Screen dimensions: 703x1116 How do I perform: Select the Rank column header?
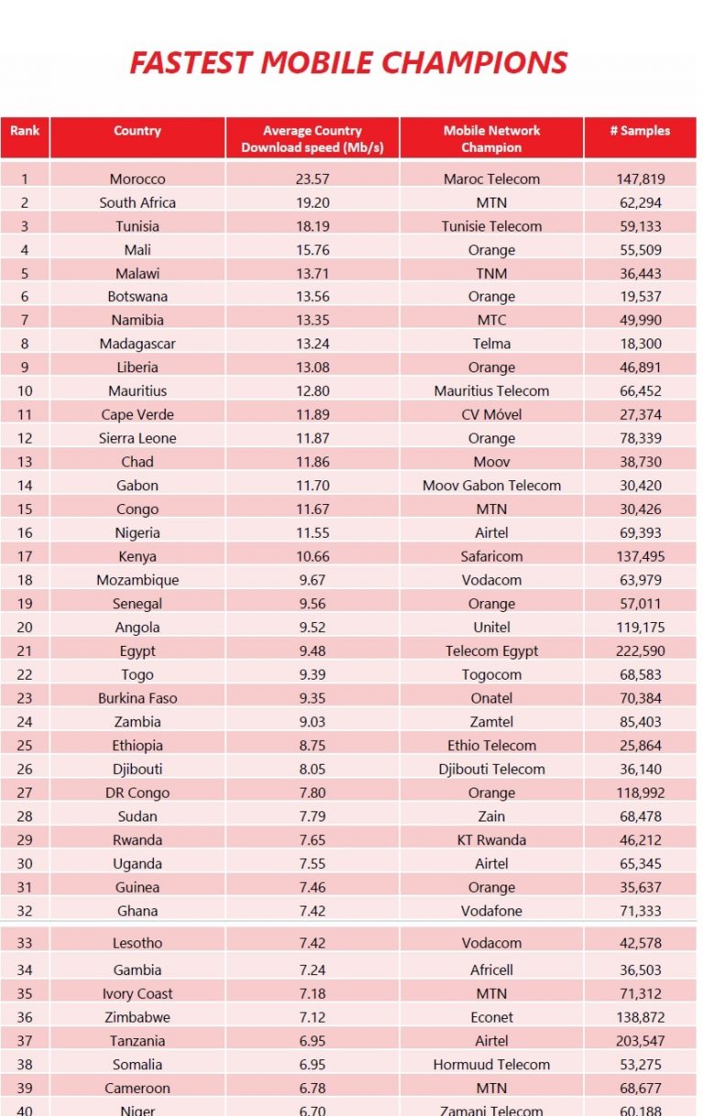[25, 131]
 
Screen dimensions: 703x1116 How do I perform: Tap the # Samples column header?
[640, 131]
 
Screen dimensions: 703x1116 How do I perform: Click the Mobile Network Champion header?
[492, 138]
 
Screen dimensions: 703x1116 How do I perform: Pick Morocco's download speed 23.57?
[313, 179]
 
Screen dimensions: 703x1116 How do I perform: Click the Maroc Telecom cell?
[492, 179]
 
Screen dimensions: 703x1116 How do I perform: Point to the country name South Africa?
[137, 203]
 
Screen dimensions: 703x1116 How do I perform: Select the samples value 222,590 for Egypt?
[640, 650]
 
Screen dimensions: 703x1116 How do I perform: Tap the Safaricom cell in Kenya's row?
[492, 556]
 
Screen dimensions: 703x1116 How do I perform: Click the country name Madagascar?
[137, 344]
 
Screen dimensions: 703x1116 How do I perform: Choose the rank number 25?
[25, 746]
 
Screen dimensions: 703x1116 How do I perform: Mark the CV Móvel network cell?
[492, 414]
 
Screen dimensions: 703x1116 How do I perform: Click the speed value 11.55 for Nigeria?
[313, 532]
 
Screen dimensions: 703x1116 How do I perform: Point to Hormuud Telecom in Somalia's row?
[492, 1064]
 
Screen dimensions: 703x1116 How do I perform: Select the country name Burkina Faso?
[137, 698]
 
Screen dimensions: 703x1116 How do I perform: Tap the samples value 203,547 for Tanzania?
[640, 1041]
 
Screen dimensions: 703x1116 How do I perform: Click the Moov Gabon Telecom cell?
[492, 485]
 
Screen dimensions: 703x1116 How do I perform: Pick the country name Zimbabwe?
[137, 1017]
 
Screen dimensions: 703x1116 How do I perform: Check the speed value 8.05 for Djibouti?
[313, 768]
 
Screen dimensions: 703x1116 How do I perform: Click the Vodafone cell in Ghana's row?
[492, 911]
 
